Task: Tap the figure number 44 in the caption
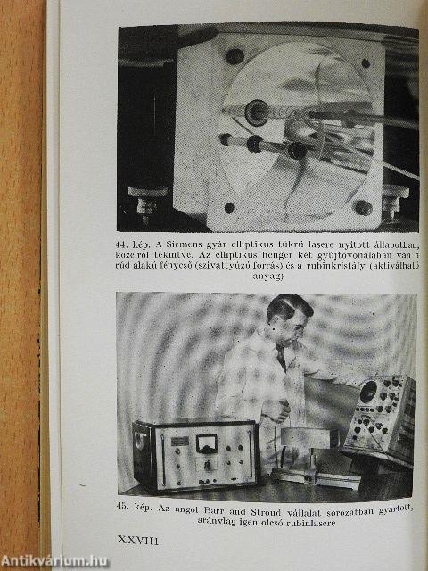pos(121,244)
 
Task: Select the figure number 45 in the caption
pos(121,507)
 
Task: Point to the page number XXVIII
pos(138,540)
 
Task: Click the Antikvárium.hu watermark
pos(54,561)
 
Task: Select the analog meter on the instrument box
pos(206,444)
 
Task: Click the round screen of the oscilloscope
pos(368,392)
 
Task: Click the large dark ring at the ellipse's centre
pos(256,113)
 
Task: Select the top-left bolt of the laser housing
pos(235,56)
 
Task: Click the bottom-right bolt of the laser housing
pos(363,208)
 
